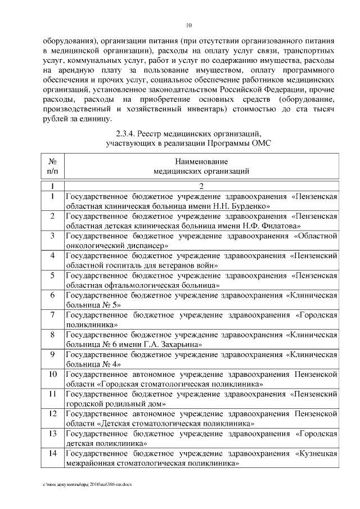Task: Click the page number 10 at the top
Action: pos(189,26)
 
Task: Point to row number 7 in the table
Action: pos(52,315)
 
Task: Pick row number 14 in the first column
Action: pos(52,453)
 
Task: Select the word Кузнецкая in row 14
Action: pos(317,453)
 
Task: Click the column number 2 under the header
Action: pos(202,186)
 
